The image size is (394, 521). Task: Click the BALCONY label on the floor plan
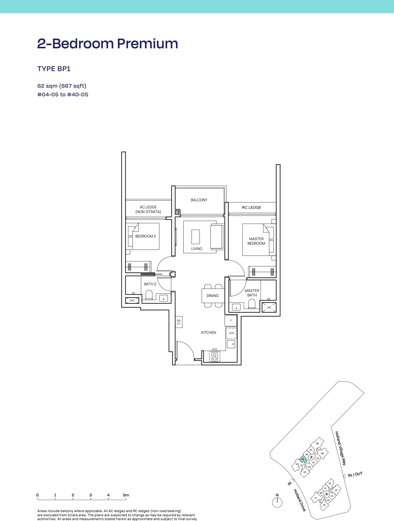(199, 200)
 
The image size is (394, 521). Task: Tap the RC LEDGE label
(252, 207)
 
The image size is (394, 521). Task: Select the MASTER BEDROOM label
(257, 241)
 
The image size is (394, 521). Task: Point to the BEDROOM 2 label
(145, 236)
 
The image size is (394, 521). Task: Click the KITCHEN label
(209, 333)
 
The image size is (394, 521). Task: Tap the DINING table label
(213, 296)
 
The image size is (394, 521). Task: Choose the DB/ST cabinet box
(179, 322)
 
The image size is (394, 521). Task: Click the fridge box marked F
(231, 321)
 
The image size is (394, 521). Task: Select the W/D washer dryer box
(231, 333)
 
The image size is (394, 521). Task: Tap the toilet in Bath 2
(149, 295)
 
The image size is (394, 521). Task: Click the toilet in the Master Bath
(252, 304)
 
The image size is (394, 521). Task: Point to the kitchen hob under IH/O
(214, 357)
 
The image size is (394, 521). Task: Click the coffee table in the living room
(196, 237)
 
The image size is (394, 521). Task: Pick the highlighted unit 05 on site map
(303, 459)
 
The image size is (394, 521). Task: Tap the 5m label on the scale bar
(126, 495)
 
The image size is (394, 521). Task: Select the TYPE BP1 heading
(54, 69)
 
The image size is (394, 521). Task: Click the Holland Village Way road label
(340, 448)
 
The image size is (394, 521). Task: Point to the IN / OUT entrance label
(355, 474)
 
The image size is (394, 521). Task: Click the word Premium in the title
(148, 44)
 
